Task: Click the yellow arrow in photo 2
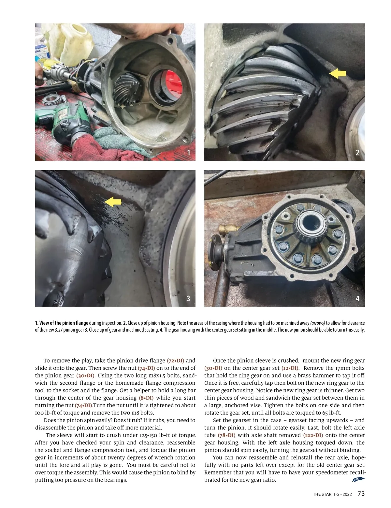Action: tap(338, 74)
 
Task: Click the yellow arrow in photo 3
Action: tap(113, 202)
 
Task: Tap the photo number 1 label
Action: tap(188, 152)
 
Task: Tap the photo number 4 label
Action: tap(357, 298)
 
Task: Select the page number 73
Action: tap(361, 494)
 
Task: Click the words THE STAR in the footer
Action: tap(322, 494)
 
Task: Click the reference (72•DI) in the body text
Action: tap(176, 361)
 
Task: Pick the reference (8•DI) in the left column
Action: tap(146, 398)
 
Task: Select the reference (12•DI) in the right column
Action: tap(290, 368)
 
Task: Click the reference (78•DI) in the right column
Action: tap(226, 435)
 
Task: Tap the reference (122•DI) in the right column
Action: tap(313, 435)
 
